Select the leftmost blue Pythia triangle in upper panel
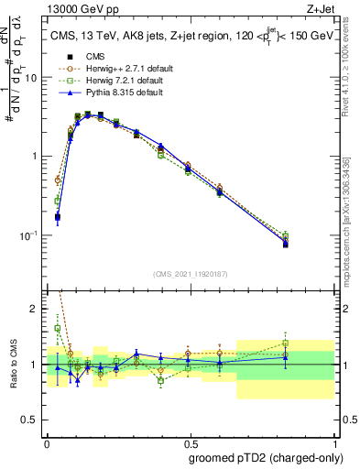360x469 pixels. (58, 217)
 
